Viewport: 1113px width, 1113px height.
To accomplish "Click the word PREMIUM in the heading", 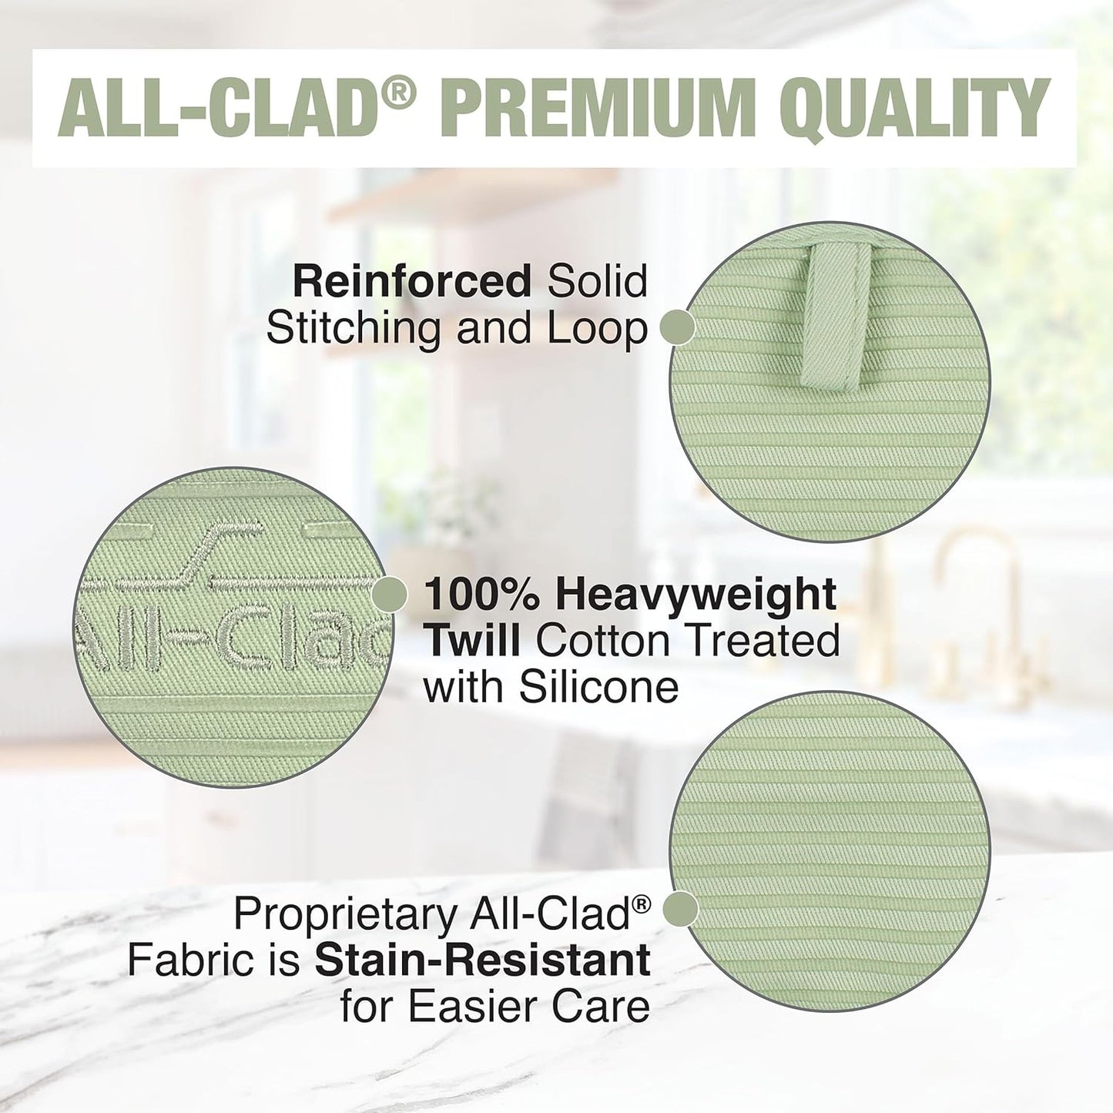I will [x=598, y=108].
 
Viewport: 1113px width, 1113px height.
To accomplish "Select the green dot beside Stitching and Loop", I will [x=679, y=327].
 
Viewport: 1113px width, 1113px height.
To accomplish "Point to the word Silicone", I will [x=598, y=686].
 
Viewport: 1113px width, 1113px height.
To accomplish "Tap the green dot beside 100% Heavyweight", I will [x=390, y=595].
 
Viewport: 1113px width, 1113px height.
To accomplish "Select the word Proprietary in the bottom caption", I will [x=345, y=914].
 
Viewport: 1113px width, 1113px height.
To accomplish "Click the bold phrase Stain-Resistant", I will [x=483, y=960].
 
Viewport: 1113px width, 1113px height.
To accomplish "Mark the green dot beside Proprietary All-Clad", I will [x=680, y=909].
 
